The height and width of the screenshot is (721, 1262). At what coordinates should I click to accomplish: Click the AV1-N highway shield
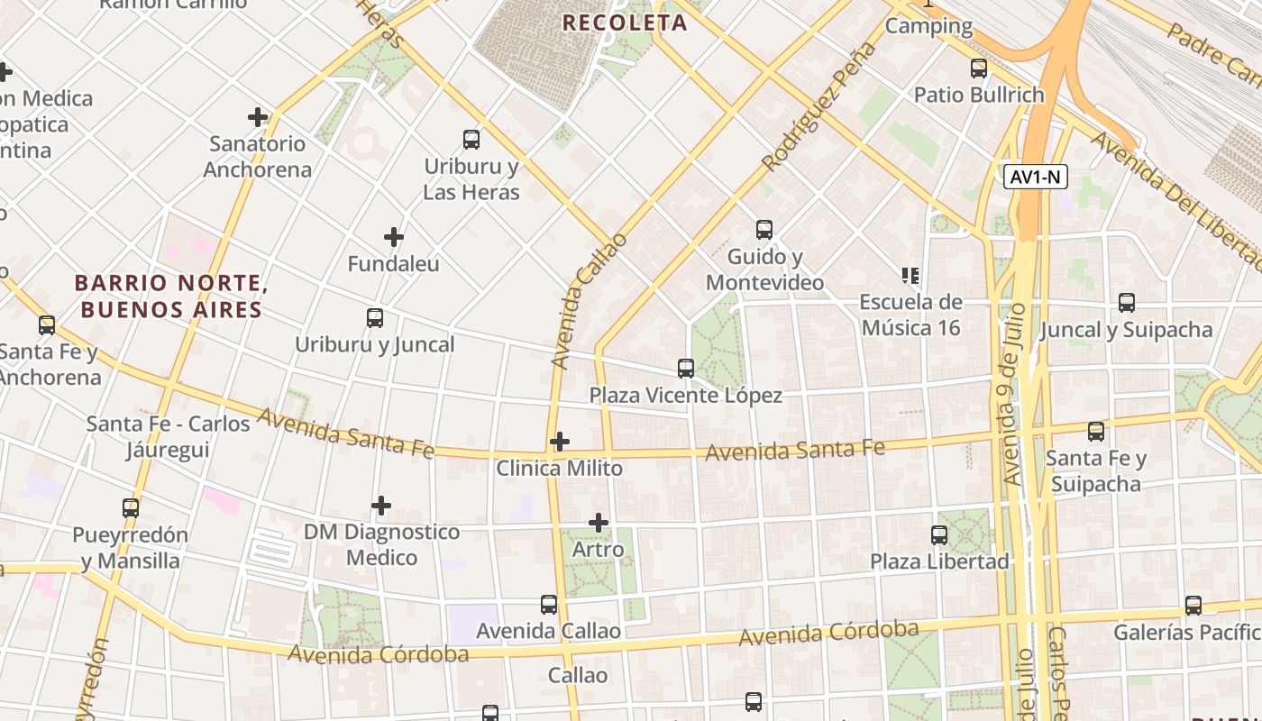(x=1035, y=177)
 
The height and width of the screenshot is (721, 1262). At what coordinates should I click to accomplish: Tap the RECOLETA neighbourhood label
(x=625, y=23)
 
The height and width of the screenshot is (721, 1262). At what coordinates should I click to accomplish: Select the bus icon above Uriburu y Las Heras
(x=471, y=140)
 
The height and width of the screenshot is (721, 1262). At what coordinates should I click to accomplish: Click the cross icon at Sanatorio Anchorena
(x=258, y=117)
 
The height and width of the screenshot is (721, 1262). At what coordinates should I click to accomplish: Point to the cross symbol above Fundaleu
(x=394, y=237)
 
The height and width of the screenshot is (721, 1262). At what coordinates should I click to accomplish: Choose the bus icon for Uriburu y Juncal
(x=375, y=318)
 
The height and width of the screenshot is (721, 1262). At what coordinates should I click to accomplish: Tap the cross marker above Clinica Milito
(x=560, y=442)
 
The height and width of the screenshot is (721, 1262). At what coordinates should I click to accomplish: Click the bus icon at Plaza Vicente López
(x=686, y=369)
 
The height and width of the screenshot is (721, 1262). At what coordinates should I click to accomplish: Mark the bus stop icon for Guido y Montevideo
(x=764, y=230)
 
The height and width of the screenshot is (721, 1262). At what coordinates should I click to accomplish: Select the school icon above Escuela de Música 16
(x=910, y=275)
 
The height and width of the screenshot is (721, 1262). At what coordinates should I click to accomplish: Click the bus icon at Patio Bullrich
(x=979, y=68)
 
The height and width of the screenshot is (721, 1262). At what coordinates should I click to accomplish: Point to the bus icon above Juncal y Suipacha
(x=1126, y=303)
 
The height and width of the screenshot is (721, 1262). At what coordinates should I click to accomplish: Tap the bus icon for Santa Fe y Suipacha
(x=1096, y=432)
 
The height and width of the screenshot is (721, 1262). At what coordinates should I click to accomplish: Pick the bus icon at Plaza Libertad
(x=939, y=535)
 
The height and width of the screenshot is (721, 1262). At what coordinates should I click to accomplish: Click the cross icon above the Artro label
(x=599, y=523)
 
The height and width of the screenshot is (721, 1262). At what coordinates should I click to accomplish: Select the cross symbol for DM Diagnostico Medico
(x=381, y=506)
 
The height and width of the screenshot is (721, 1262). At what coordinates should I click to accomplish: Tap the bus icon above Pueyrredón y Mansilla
(x=131, y=508)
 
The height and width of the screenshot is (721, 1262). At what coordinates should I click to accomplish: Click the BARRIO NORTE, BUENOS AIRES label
(x=171, y=297)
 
